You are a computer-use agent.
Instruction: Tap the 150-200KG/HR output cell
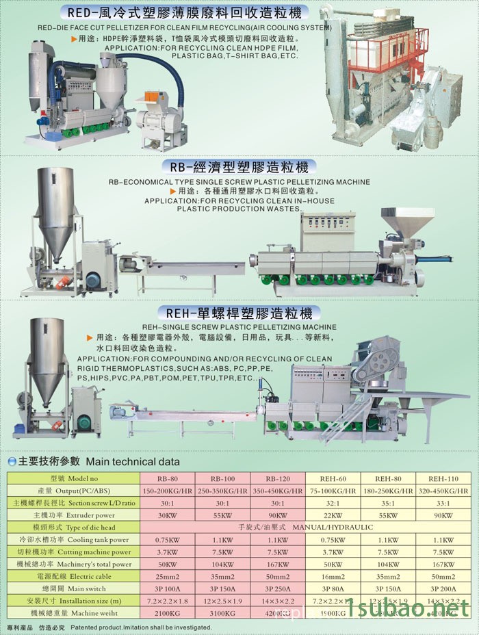(168, 491)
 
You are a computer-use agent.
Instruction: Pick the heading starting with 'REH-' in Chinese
(239, 314)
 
